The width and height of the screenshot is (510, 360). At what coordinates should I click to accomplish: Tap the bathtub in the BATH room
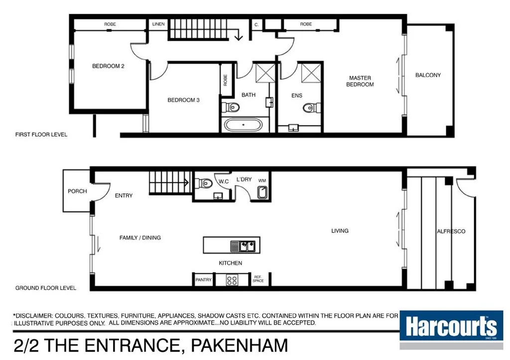[243, 124]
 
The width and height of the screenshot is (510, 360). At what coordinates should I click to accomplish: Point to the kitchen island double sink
[243, 245]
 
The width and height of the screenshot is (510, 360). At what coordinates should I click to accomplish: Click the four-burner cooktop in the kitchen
[232, 280]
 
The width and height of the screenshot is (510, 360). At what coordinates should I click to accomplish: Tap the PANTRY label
[203, 280]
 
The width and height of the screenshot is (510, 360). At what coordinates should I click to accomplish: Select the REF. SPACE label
[258, 279]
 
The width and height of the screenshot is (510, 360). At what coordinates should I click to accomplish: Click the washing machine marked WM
[262, 193]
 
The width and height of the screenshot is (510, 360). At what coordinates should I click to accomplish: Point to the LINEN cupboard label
[158, 24]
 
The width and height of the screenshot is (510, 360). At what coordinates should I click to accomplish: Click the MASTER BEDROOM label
[360, 81]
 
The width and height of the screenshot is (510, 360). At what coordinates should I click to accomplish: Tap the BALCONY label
[428, 75]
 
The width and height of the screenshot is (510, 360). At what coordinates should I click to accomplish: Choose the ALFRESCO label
[451, 232]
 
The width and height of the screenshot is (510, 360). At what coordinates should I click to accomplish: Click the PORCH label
[77, 191]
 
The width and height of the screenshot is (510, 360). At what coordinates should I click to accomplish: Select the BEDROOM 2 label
[108, 66]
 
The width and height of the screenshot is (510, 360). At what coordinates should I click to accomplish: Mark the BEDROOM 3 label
[183, 100]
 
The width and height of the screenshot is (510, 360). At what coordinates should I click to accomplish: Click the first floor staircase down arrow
[239, 36]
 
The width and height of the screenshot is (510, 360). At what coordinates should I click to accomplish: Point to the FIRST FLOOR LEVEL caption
[41, 134]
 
